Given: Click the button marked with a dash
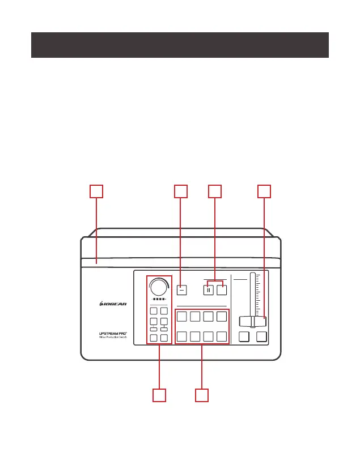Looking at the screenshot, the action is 181,289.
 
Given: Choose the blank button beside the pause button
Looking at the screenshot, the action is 222,289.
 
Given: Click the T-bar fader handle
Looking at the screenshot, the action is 252,321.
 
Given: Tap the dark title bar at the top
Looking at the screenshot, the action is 180,45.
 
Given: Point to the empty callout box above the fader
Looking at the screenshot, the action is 264,191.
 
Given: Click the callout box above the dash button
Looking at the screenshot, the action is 181,191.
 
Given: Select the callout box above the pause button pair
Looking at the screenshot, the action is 215,191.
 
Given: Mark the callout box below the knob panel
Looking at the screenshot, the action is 159,395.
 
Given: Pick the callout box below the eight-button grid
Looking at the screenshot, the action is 202,395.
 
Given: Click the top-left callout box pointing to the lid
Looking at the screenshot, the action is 97,191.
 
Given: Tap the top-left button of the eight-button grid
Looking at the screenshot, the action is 182,316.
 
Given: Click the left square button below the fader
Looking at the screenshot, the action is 244,337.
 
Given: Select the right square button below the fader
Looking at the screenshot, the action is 261,337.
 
